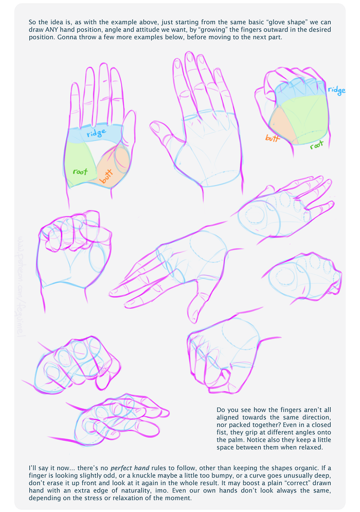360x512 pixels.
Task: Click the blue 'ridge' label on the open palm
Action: pyautogui.click(x=97, y=134)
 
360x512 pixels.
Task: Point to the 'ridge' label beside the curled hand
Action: pyautogui.click(x=336, y=90)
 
